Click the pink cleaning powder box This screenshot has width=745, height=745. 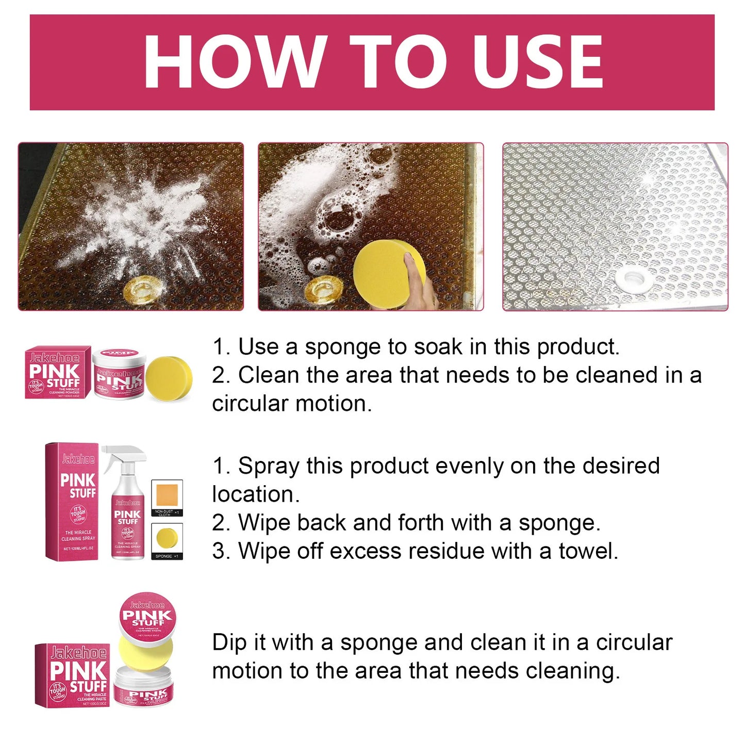(58, 372)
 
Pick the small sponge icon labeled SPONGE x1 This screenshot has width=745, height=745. (167, 539)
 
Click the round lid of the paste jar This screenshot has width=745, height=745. (147, 616)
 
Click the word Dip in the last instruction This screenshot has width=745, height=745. (229, 643)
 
